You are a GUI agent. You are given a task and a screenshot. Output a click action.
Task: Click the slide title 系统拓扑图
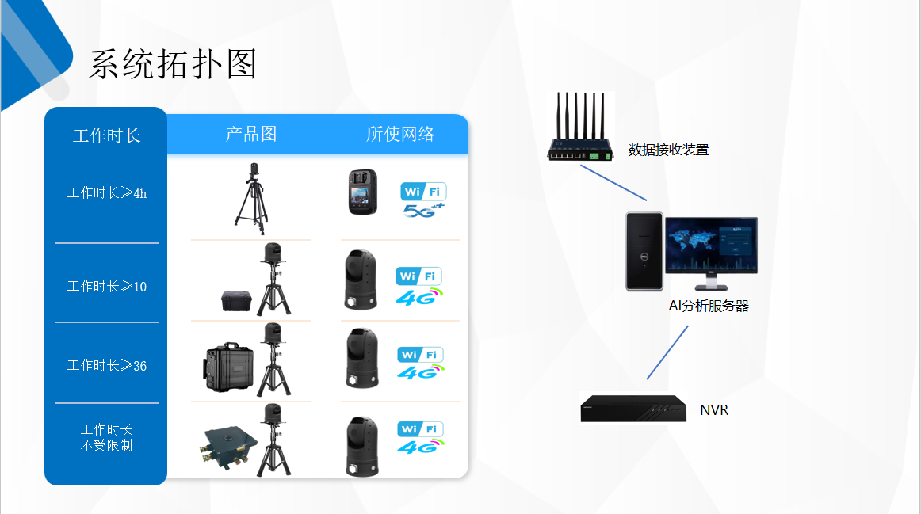tap(173, 64)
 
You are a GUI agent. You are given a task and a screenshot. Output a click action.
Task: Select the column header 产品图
tap(251, 134)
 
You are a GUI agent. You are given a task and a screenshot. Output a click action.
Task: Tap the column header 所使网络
tap(400, 134)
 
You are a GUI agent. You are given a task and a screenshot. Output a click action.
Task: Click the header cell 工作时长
tap(106, 135)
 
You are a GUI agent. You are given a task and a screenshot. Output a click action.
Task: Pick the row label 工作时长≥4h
tap(106, 192)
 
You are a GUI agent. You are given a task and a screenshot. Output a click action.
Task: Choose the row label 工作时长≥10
tap(106, 286)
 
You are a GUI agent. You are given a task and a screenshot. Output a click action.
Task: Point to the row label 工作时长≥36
tap(106, 365)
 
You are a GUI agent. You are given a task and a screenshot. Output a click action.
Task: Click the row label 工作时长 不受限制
tap(106, 437)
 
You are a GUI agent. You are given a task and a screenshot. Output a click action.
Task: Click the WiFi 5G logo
tap(423, 200)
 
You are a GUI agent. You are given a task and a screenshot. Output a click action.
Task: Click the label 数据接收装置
tap(668, 150)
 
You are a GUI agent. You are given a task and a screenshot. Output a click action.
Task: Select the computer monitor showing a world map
tap(711, 247)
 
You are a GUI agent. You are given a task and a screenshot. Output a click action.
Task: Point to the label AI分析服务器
tap(709, 306)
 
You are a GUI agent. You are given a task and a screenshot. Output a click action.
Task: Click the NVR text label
tap(713, 410)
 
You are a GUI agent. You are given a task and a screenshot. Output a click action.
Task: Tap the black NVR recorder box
tap(632, 408)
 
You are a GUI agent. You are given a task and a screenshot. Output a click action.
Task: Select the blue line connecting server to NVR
tap(667, 352)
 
